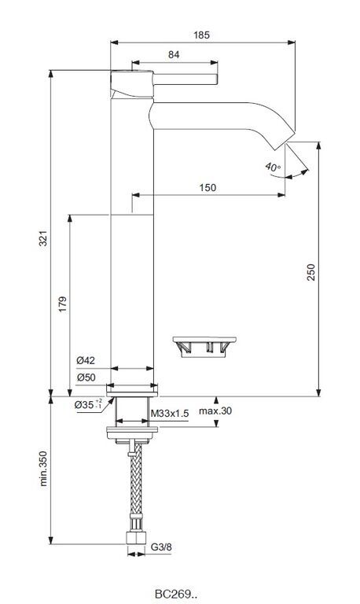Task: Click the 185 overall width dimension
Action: [x=201, y=35]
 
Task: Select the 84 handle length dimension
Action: [x=174, y=55]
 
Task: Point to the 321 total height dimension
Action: [x=43, y=238]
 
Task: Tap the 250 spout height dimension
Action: [x=311, y=272]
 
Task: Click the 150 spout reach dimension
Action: [x=208, y=188]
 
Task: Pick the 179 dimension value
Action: [x=63, y=304]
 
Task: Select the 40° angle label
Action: [x=273, y=168]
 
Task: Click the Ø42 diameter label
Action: [x=86, y=360]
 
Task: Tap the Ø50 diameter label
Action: [x=86, y=377]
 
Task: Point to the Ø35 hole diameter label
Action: [x=88, y=404]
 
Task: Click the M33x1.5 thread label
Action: [x=170, y=414]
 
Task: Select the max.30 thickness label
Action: [x=215, y=411]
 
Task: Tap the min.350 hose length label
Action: [x=43, y=469]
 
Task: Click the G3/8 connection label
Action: [x=161, y=547]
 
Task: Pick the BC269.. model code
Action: [x=177, y=594]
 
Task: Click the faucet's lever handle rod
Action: [x=186, y=79]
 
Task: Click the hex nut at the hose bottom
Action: [x=136, y=539]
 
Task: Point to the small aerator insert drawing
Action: [x=204, y=347]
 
